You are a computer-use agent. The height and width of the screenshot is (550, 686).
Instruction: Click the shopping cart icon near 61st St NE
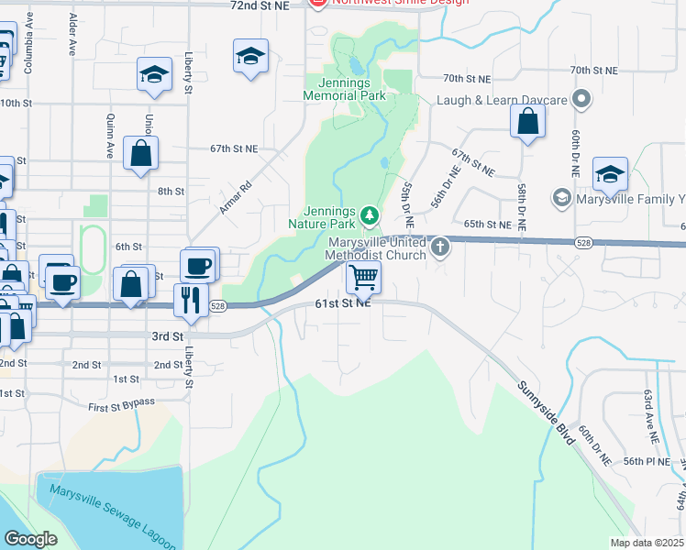coord(364,276)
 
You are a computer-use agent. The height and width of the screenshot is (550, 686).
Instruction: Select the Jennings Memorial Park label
coord(345,88)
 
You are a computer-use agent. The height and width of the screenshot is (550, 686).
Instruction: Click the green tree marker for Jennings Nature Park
coord(370,215)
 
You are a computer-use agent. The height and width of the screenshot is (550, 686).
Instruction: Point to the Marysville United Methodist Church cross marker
coord(441,246)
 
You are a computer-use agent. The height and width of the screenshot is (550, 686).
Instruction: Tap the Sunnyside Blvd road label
coord(545,412)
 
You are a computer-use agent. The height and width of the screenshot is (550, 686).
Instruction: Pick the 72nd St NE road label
coord(259,5)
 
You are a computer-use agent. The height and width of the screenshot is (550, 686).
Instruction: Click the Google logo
coord(30,539)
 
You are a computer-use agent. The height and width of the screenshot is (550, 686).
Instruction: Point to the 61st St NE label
coord(343,304)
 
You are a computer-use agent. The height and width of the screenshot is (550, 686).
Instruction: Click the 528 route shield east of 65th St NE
coord(583,242)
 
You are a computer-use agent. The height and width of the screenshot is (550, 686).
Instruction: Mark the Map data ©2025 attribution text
coord(647,543)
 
